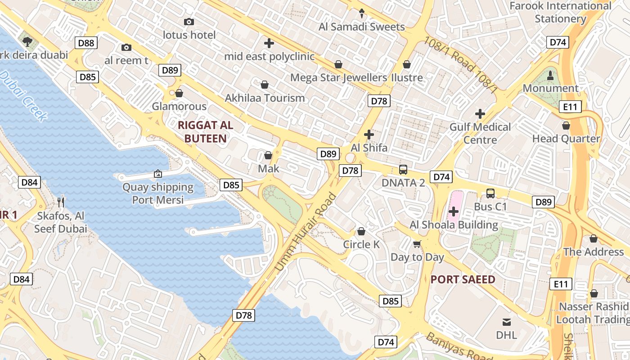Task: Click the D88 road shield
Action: click(86, 43)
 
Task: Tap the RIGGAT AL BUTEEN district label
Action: click(206, 132)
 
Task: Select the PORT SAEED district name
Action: click(463, 279)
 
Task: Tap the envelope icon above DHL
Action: click(507, 322)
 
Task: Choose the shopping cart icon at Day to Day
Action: click(417, 244)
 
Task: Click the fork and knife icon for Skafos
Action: click(61, 202)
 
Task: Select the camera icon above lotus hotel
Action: click(189, 22)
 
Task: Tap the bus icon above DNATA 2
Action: click(403, 170)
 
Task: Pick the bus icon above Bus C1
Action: click(490, 193)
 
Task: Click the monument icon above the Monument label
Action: click(550, 75)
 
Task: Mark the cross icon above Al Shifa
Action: click(369, 135)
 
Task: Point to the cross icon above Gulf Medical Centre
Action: click(480, 114)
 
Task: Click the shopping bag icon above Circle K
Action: click(361, 232)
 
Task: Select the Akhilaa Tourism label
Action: click(265, 98)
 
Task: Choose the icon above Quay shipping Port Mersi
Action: click(158, 174)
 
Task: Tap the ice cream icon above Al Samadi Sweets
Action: click(361, 14)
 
